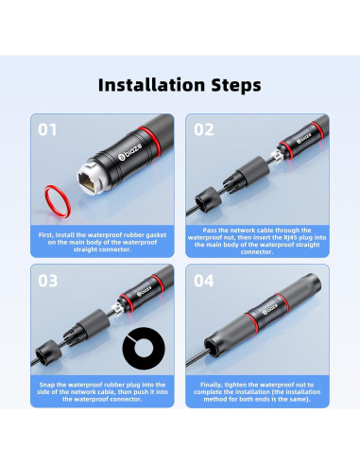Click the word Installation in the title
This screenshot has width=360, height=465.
coord(151,85)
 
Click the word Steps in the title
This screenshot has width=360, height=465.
coord(236,85)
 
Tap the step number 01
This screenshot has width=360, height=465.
coord(47,129)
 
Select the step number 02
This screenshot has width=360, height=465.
coord(204,129)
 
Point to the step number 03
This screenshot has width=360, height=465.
coord(48,281)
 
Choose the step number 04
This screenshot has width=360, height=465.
coord(204,281)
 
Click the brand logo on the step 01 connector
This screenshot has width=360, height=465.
coord(129,151)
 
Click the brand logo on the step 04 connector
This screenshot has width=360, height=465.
coord(270,309)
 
